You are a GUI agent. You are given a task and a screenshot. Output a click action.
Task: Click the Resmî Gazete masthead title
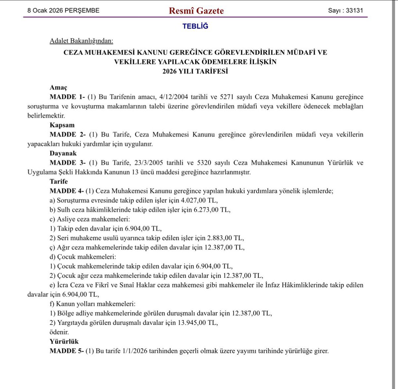tap(196, 11)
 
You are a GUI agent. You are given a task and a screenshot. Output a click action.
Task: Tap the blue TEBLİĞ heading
tap(195, 26)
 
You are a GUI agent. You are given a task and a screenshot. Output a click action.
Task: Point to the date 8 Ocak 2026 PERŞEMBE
tap(63, 10)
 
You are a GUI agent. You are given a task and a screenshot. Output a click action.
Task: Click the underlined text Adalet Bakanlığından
tap(81, 41)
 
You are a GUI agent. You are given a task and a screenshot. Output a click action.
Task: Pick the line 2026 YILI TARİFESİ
tap(195, 71)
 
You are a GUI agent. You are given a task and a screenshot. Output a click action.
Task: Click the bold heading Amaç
tap(58, 88)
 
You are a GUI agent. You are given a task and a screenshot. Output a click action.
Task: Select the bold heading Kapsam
tap(62, 125)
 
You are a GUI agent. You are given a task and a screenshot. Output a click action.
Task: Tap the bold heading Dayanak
tap(63, 153)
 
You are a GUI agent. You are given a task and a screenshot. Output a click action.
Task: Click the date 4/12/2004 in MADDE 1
tap(174, 97)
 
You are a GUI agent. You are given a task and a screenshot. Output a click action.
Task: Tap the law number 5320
tap(204, 163)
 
